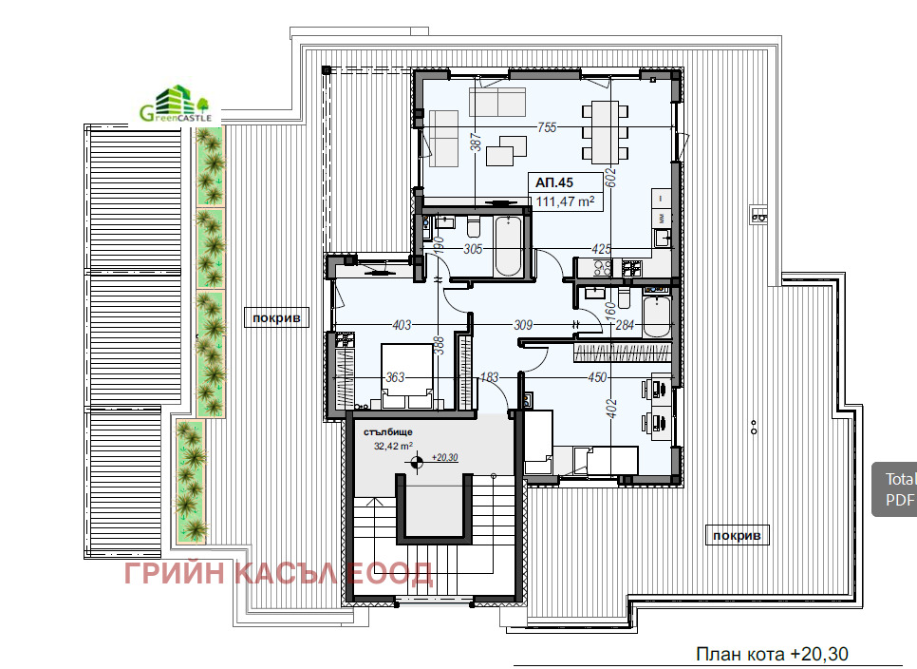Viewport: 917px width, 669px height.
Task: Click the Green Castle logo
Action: pos(176,105)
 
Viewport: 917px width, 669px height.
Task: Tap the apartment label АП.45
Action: pos(553,182)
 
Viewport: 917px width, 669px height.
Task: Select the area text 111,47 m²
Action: pos(565,201)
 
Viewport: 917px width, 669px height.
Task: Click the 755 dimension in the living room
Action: pos(547,127)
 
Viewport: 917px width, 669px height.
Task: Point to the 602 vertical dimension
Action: pos(610,178)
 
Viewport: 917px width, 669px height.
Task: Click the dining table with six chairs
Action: pos(606,132)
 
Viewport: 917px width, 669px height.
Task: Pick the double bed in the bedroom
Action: pos(406,375)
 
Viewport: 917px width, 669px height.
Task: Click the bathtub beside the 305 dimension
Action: pos(508,246)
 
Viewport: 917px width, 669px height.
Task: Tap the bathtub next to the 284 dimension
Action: pos(657,316)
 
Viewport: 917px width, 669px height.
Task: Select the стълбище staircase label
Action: pos(387,432)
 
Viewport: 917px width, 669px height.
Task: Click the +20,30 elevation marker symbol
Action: pos(416,463)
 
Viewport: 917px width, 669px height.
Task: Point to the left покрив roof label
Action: pos(276,317)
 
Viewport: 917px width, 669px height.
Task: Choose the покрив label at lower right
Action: pos(737,535)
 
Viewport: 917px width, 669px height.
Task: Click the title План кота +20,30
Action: pos(772,654)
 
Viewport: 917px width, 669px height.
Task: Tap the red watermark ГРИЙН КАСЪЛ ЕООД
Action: pos(278,573)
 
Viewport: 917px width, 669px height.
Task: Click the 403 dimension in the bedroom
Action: pos(402,324)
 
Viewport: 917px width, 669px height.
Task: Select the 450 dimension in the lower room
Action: pos(597,377)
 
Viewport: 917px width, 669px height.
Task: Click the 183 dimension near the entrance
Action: pos(489,377)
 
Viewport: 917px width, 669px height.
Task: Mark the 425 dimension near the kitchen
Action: pos(601,249)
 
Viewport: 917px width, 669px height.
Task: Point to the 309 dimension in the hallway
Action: pos(523,324)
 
